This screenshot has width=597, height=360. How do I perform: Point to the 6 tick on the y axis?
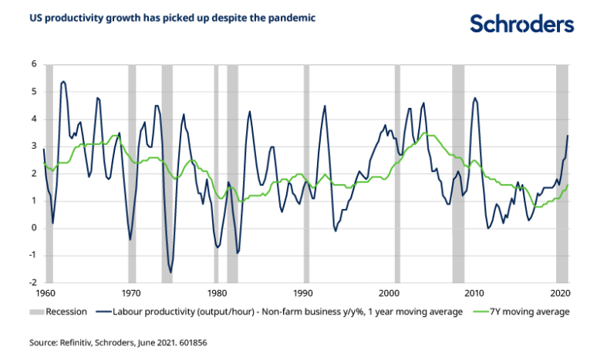click(33, 64)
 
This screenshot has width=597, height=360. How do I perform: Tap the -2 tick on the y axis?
click(32, 283)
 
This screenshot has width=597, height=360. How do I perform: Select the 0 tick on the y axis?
click(33, 228)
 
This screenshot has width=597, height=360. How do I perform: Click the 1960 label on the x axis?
click(45, 294)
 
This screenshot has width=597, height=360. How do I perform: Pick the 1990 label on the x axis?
click(302, 294)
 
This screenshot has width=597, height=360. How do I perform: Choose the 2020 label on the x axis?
click(561, 294)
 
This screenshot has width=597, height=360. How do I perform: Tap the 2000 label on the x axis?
click(389, 294)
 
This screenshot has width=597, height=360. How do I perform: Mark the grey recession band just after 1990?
click(306, 173)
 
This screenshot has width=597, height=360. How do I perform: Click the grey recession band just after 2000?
click(397, 173)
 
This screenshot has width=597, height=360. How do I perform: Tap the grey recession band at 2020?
click(562, 173)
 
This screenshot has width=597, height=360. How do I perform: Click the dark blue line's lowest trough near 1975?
click(170, 272)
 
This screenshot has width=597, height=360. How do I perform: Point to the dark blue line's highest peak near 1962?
click(63, 81)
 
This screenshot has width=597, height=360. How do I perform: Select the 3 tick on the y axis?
click(33, 146)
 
